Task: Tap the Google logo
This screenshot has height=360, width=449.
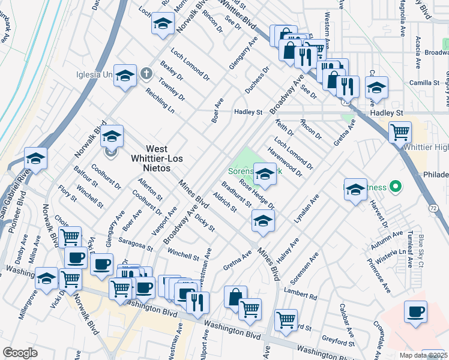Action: point(20,353)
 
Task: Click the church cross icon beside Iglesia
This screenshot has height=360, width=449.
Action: point(145,74)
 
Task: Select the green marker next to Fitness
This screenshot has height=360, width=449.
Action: point(395,187)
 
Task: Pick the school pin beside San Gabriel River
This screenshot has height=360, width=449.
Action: point(35,159)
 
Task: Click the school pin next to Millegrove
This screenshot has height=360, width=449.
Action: point(47,278)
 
